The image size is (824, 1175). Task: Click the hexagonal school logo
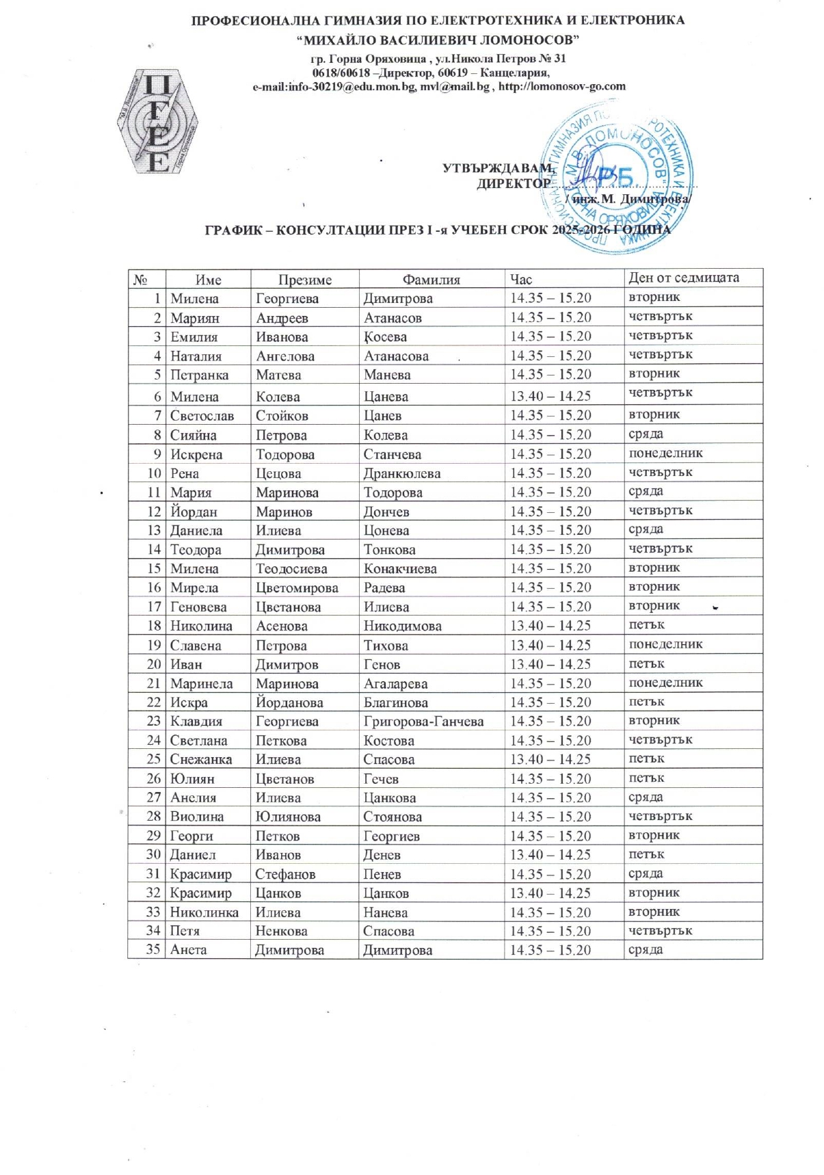(x=157, y=122)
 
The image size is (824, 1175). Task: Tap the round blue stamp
(x=617, y=179)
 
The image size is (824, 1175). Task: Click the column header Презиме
(x=304, y=279)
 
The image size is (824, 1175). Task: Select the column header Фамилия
(x=431, y=279)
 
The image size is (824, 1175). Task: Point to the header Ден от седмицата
(x=684, y=278)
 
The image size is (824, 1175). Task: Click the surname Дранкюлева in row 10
(x=401, y=473)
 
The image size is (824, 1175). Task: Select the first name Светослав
(x=202, y=416)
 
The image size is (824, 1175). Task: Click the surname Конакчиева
(x=400, y=568)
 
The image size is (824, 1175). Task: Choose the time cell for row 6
(x=550, y=396)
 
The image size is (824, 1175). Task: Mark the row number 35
(x=153, y=949)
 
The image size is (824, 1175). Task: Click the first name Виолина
(x=198, y=817)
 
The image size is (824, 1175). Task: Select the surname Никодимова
(x=402, y=626)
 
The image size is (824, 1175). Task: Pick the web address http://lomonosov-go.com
(x=561, y=86)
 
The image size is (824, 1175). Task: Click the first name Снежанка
(x=201, y=759)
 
